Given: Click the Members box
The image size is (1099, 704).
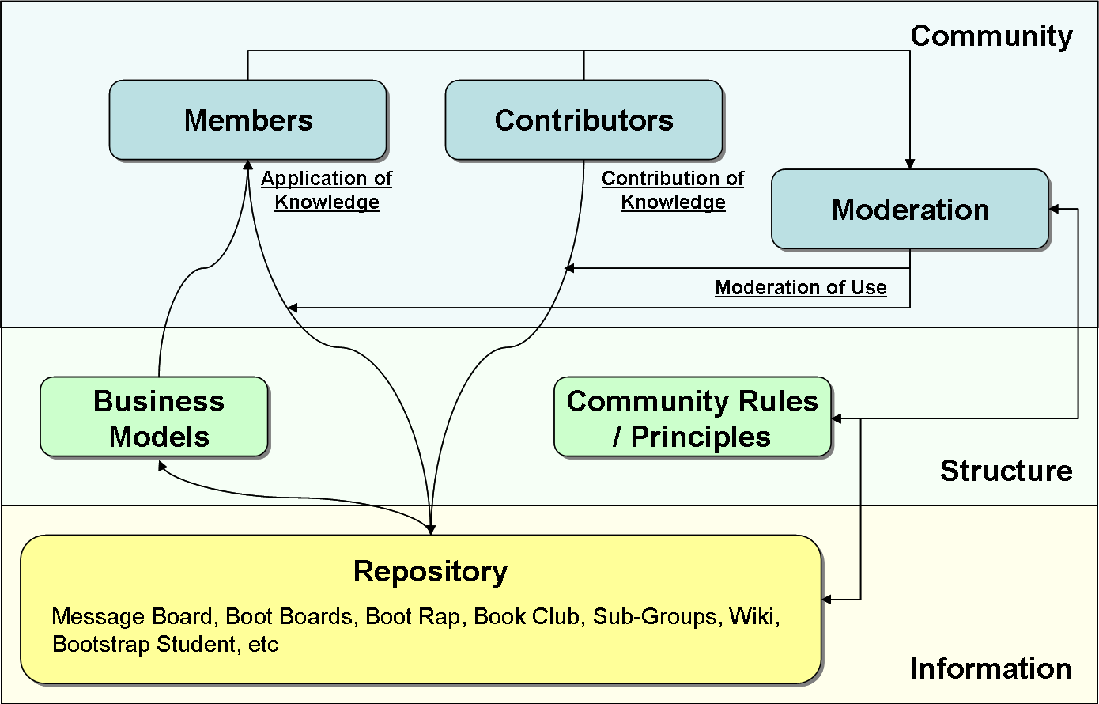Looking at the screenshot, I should pos(247,120).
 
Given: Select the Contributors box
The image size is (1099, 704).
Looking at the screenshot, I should pos(583,120).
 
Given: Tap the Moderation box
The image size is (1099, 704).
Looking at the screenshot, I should pos(910,210).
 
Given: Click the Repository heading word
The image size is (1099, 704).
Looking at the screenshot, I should pos(430,571).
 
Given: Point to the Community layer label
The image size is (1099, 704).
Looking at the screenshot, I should pos(991,36).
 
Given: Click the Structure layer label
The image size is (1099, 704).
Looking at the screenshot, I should pos(1006,471).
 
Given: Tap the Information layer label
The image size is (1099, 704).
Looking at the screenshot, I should pos(990,668).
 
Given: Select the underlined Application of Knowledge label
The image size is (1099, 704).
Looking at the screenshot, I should pos(327,191).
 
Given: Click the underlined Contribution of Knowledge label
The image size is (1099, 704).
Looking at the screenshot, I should pos(673,191).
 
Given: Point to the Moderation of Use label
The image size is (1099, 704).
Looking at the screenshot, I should pos(800,288).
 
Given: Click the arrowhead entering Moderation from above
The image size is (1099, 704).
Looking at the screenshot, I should pos(910,164).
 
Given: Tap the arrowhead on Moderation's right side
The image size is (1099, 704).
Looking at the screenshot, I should pos(1055,209).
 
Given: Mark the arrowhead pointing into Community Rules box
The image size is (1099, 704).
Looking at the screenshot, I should pos(837,418).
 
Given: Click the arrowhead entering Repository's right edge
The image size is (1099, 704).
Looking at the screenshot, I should pos(827,600).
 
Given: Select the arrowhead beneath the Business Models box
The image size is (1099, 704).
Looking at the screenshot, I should pos(162,466).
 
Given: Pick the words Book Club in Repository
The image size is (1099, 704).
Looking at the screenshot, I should pos(526,617).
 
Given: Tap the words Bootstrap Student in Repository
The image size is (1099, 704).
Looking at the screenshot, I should pos(144,644).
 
